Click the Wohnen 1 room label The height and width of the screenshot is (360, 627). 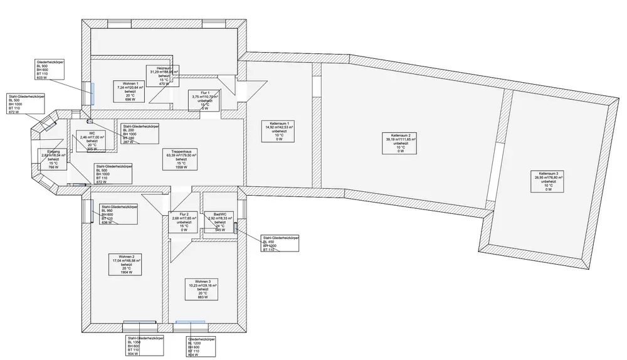click(x=130, y=92)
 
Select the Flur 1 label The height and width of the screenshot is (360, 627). click(x=205, y=100)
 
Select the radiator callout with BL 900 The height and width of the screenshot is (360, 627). click(x=51, y=70)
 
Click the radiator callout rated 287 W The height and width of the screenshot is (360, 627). click(x=141, y=134)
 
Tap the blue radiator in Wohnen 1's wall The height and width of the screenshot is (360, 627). click(x=92, y=94)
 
